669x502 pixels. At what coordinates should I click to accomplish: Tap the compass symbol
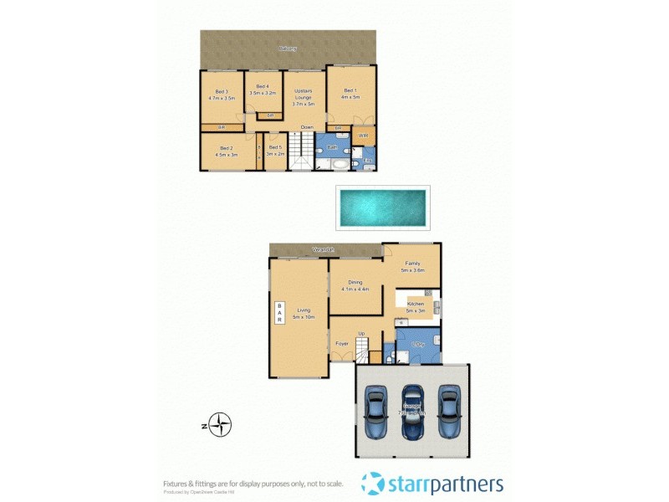click(x=220, y=425)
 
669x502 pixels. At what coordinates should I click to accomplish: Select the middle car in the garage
click(x=412, y=412)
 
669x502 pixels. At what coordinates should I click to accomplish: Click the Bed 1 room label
click(x=350, y=94)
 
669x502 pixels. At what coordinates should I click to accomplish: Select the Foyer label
click(x=342, y=344)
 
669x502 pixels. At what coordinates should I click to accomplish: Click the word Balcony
click(x=288, y=49)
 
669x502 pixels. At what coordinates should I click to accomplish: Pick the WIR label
click(x=364, y=134)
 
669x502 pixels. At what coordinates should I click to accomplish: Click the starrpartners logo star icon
click(x=374, y=484)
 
